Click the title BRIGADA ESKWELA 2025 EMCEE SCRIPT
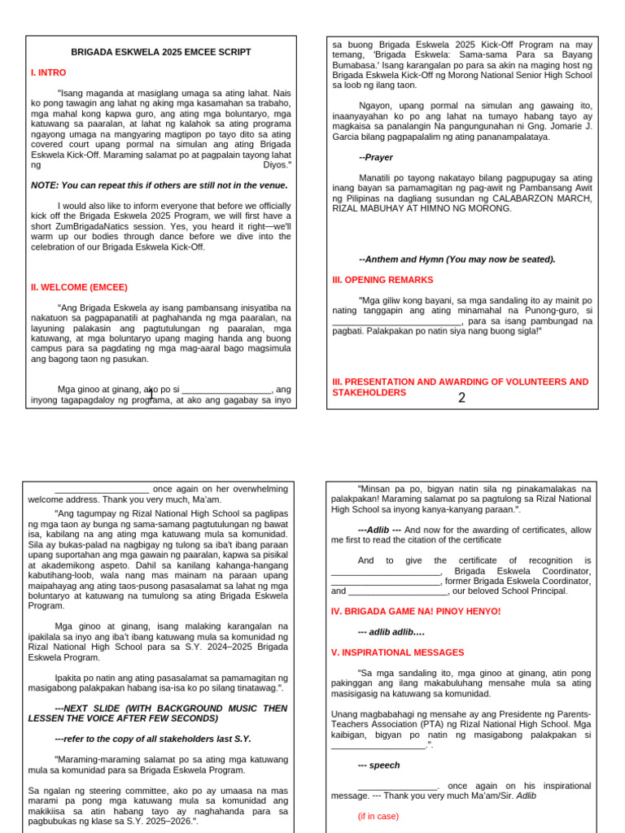pyautogui.click(x=161, y=52)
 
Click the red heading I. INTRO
pyautogui.click(x=48, y=72)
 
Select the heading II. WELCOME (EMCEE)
pyautogui.click(x=79, y=287)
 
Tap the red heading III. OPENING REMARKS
pyautogui.click(x=382, y=280)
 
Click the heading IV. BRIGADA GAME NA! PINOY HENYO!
pyautogui.click(x=416, y=611)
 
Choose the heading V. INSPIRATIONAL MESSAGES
pyautogui.click(x=398, y=652)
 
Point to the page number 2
pyautogui.click(x=461, y=398)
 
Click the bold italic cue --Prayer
pyautogui.click(x=375, y=157)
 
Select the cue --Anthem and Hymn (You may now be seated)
pyautogui.click(x=457, y=259)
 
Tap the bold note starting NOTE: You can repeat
pyautogui.click(x=160, y=185)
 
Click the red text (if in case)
pyautogui.click(x=378, y=816)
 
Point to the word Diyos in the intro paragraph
pyautogui.click(x=277, y=164)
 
